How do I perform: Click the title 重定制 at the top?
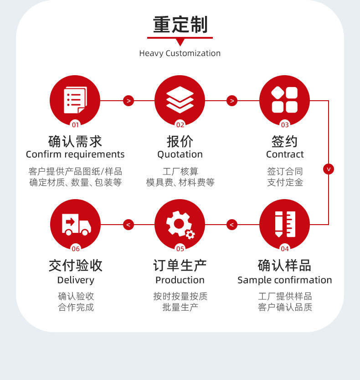click(x=180, y=25)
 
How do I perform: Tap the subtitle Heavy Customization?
click(x=180, y=53)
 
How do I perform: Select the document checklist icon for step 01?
click(x=75, y=100)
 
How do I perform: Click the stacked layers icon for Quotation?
click(x=180, y=100)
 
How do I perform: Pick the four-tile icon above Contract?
click(x=284, y=100)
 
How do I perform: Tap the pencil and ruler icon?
click(x=284, y=224)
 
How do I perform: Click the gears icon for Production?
click(x=180, y=224)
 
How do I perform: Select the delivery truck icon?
click(x=75, y=224)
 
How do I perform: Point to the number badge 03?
click(x=285, y=125)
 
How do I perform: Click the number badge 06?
click(x=76, y=249)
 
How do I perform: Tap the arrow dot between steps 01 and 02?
click(x=129, y=101)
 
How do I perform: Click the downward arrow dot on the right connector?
click(x=329, y=169)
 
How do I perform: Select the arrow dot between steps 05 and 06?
click(x=129, y=225)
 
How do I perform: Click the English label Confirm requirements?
click(x=75, y=154)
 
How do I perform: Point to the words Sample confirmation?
click(x=285, y=280)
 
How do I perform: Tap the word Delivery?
click(x=76, y=280)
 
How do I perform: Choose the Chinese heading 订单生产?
click(x=180, y=265)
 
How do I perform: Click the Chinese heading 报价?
click(x=180, y=141)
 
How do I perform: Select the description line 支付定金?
click(x=285, y=183)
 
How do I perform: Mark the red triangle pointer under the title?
click(x=180, y=42)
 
